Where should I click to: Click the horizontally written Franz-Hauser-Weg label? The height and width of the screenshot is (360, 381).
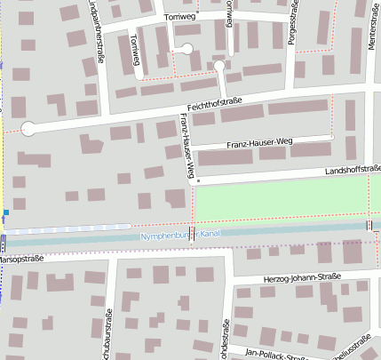pos(258,142)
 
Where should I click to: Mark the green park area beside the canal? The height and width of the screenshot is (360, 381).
pos(284,197)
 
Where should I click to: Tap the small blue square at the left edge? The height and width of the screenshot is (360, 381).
pos(5,212)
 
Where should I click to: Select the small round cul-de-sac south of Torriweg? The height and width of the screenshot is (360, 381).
pos(218,65)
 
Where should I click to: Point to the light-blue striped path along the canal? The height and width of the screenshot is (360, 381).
pos(71,228)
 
